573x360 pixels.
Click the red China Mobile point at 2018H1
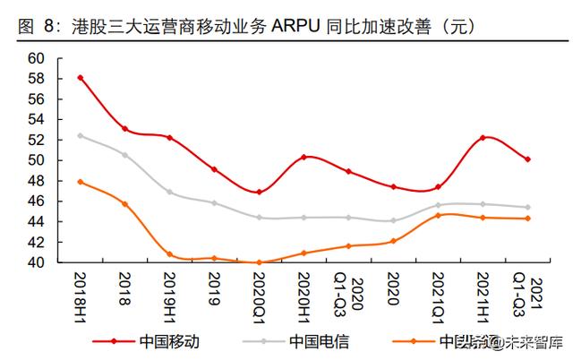coord(81,78)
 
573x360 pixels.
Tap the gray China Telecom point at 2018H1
coord(81,135)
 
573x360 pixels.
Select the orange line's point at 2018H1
coord(81,182)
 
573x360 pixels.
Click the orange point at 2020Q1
coord(260,262)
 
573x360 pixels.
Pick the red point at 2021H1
coord(483,137)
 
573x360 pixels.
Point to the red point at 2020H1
coord(304,157)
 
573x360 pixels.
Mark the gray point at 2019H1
coord(170,192)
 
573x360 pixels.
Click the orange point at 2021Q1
coord(439,215)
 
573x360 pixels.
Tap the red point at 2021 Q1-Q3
coord(528,159)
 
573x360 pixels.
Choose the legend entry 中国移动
coord(166,341)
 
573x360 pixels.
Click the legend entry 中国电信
coord(314,341)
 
